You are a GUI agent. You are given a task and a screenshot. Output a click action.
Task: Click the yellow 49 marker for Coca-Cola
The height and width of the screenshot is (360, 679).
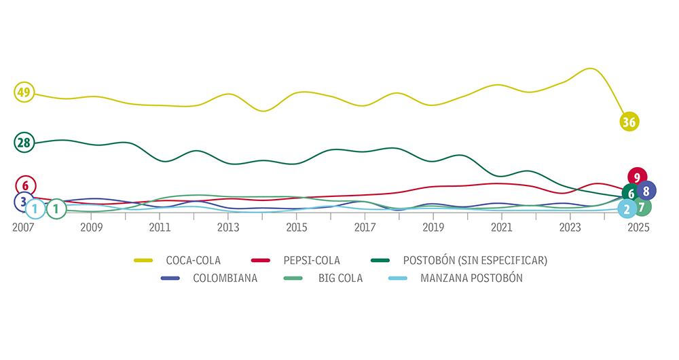pyautogui.click(x=24, y=92)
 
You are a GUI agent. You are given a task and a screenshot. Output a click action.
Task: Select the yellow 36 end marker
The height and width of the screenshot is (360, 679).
pyautogui.click(x=629, y=122)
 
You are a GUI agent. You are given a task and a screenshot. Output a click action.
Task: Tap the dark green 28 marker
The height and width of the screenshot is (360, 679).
pyautogui.click(x=24, y=142)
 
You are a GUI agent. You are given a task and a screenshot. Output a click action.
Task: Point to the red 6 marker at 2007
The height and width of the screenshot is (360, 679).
pyautogui.click(x=25, y=185)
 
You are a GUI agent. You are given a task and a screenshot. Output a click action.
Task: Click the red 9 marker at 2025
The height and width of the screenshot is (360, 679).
pyautogui.click(x=637, y=177)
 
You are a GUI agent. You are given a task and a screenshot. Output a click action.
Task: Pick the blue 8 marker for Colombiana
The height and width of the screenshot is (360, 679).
pyautogui.click(x=646, y=191)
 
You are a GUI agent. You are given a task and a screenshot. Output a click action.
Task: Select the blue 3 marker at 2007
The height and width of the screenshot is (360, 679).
pyautogui.click(x=23, y=201)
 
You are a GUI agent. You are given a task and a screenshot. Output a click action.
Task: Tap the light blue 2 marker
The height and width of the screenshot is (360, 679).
pyautogui.click(x=627, y=209)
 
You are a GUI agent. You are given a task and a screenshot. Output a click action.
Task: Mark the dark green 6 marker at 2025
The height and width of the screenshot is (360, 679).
pyautogui.click(x=631, y=194)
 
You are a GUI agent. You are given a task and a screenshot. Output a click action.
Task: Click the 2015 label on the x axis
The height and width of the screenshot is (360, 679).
pyautogui.click(x=296, y=228)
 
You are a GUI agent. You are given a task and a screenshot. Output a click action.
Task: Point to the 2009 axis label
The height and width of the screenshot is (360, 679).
pyautogui.click(x=91, y=228)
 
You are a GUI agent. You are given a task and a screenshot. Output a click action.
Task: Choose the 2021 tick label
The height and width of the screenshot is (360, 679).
pyautogui.click(x=502, y=228)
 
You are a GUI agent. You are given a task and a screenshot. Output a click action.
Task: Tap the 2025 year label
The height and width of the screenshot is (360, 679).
pyautogui.click(x=639, y=228)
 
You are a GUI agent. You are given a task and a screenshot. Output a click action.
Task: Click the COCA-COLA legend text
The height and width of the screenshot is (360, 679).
pyautogui.click(x=194, y=260)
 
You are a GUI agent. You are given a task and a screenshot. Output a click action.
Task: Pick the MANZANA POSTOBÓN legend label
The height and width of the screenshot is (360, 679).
pyautogui.click(x=471, y=278)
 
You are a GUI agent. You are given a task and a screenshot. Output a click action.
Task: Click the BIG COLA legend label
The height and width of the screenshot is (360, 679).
pyautogui.click(x=340, y=278)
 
